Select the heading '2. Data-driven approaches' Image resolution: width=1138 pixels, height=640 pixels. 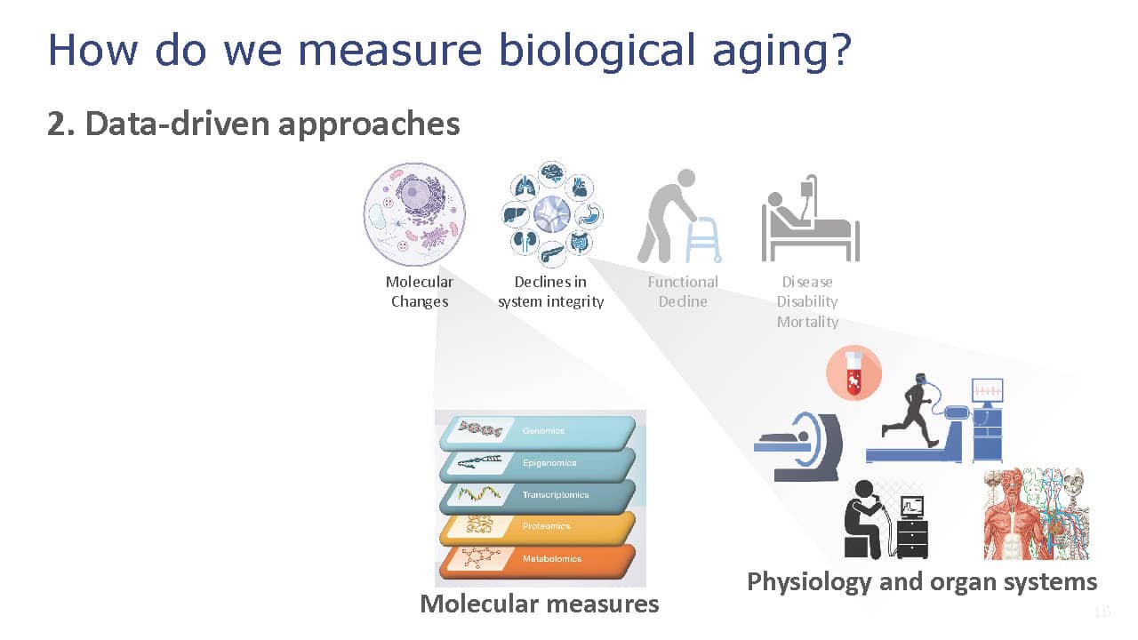pyautogui.click(x=253, y=124)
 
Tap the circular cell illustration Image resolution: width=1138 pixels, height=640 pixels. pyautogui.click(x=414, y=214)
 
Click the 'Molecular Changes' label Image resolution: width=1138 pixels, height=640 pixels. pyautogui.click(x=420, y=292)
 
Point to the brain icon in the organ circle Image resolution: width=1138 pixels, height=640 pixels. pyautogui.click(x=552, y=173)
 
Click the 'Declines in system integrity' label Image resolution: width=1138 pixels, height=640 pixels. pyautogui.click(x=550, y=292)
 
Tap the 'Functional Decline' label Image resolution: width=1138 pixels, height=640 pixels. pyautogui.click(x=683, y=292)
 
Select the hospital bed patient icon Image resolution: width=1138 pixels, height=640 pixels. pyautogui.click(x=810, y=218)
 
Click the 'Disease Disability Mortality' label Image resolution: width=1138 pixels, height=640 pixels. pyautogui.click(x=807, y=301)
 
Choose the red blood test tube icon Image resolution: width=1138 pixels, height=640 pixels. pyautogui.click(x=854, y=373)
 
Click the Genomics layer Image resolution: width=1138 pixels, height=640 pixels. pyautogui.click(x=538, y=432)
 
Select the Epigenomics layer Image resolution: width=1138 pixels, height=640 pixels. pyautogui.click(x=538, y=464)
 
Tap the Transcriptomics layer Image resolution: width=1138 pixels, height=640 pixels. pyautogui.click(x=538, y=496)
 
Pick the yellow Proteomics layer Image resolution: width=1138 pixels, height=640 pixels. pyautogui.click(x=538, y=527)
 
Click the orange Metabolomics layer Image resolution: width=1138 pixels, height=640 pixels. pyautogui.click(x=538, y=560)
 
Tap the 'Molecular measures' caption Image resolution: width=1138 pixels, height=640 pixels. pyautogui.click(x=540, y=604)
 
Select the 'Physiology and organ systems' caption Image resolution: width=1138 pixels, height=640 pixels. pyautogui.click(x=922, y=582)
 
